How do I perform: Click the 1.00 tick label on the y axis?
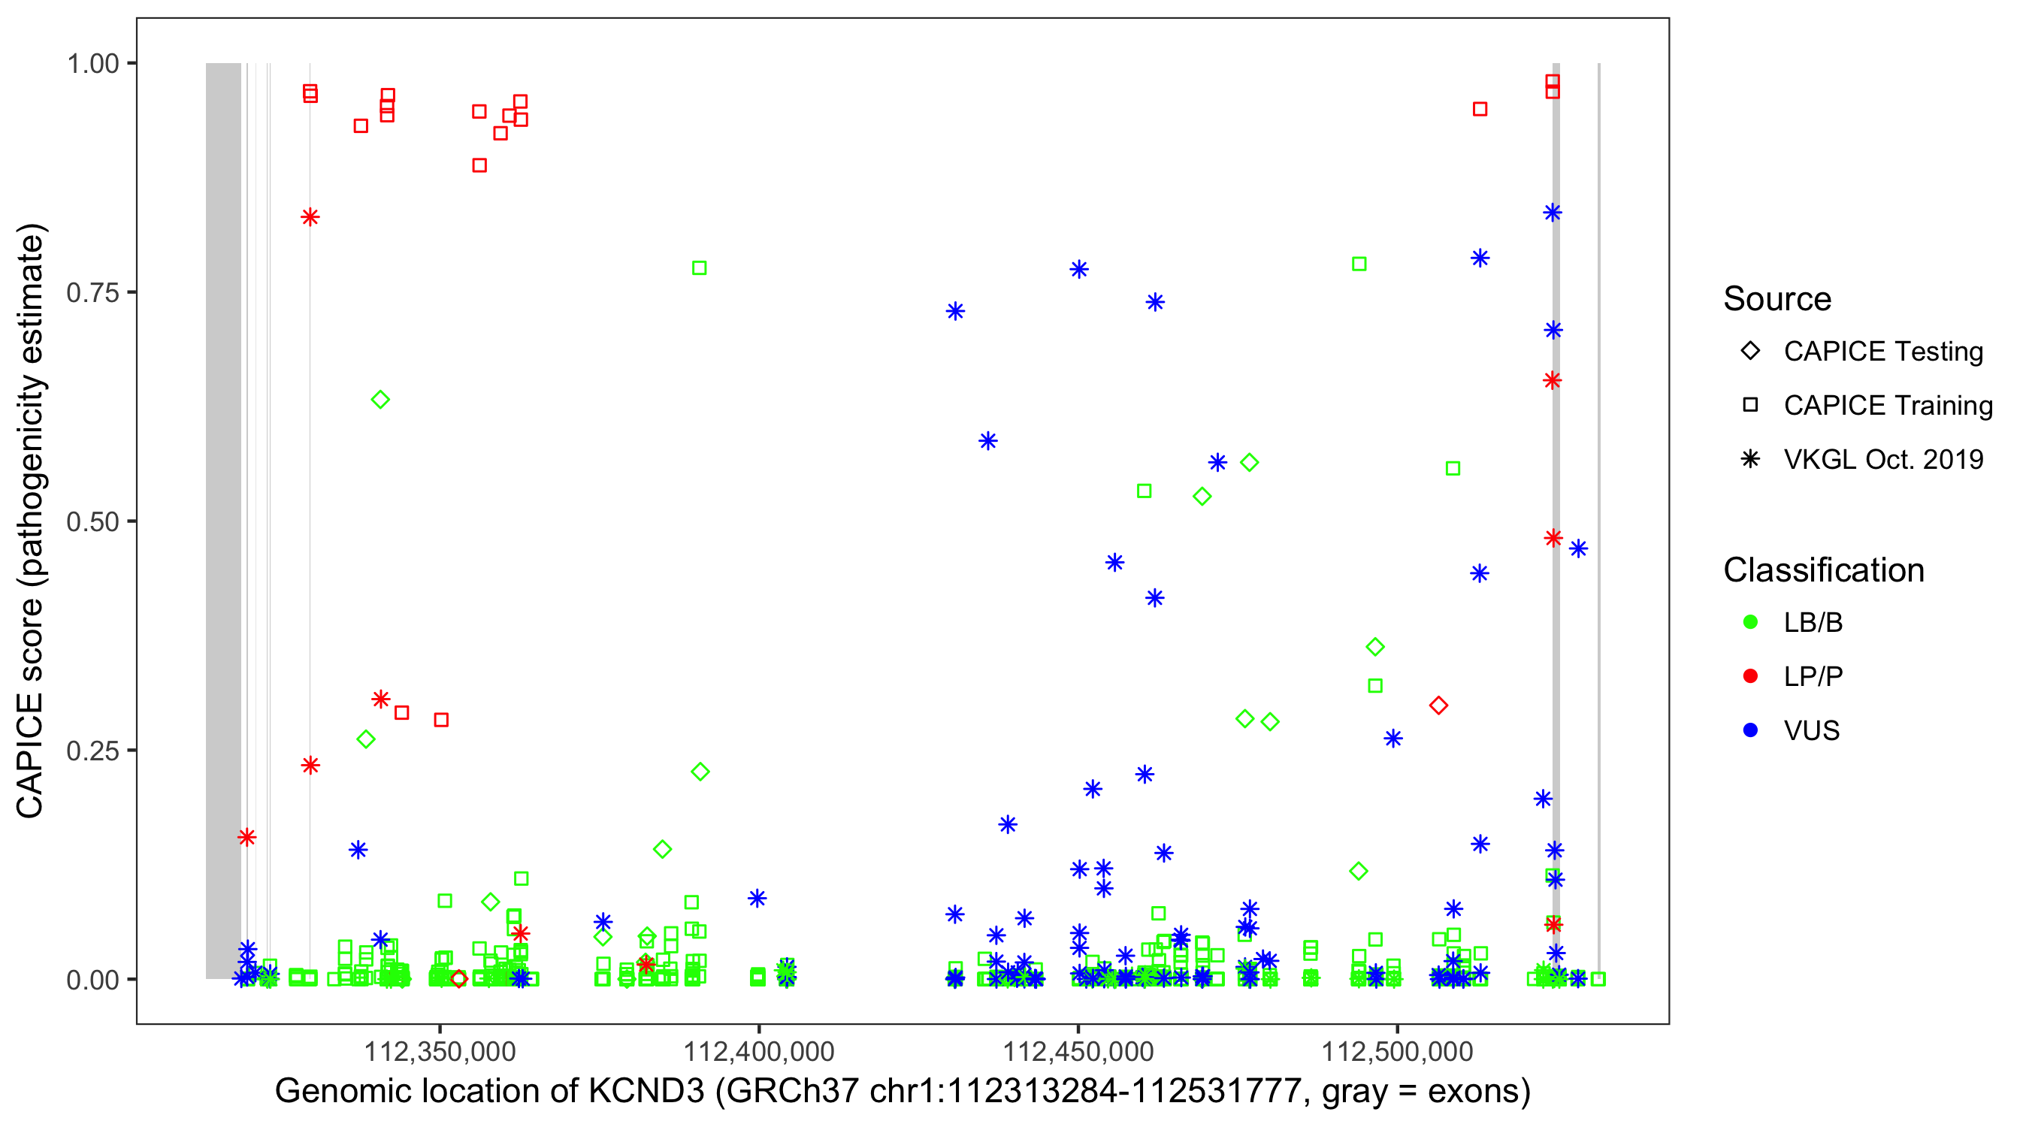pos(92,64)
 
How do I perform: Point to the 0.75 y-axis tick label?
pos(92,293)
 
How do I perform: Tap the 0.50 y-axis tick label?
pos(92,522)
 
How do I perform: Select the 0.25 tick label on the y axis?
pos(92,751)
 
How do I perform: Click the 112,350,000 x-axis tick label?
pos(440,1051)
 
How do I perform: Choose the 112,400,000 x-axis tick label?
pos(758,1051)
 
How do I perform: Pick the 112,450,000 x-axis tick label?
pos(1078,1051)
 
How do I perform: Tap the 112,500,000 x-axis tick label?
pos(1397,1051)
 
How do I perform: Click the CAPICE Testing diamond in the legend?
pos(1750,352)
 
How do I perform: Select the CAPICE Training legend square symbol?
pos(1750,406)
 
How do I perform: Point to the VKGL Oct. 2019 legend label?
pos(1883,460)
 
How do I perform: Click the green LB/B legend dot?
pos(1750,622)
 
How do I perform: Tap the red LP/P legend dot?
pos(1750,676)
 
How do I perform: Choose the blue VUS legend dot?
pos(1750,731)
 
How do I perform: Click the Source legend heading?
pos(1777,299)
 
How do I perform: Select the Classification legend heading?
pos(1823,570)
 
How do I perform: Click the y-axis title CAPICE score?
pos(32,521)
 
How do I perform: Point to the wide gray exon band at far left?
pos(224,520)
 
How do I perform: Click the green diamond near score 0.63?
pos(380,400)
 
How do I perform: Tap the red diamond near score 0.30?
pos(1438,706)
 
